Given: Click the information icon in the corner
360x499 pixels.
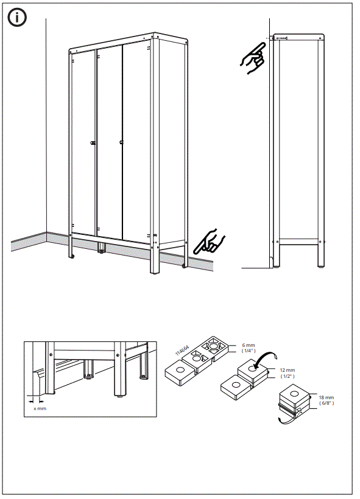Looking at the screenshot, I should [x=17, y=18].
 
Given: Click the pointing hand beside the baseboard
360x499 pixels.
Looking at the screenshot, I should [x=209, y=241].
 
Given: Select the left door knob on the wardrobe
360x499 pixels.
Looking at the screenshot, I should [x=93, y=143].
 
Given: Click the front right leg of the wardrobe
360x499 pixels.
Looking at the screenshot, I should [x=154, y=262].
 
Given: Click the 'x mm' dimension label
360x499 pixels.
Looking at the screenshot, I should [x=39, y=408].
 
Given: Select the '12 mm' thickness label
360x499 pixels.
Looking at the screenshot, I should [x=287, y=370].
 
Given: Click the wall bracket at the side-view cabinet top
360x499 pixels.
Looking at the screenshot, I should [x=281, y=38].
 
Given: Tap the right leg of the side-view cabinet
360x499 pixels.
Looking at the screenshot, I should [x=320, y=253].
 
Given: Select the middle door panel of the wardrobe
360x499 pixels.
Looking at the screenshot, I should [x=110, y=140].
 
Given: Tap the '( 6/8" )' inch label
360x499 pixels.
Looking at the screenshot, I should [x=326, y=403].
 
